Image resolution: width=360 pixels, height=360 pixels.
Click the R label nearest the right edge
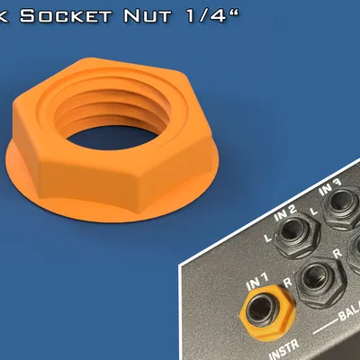(x=336, y=256)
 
